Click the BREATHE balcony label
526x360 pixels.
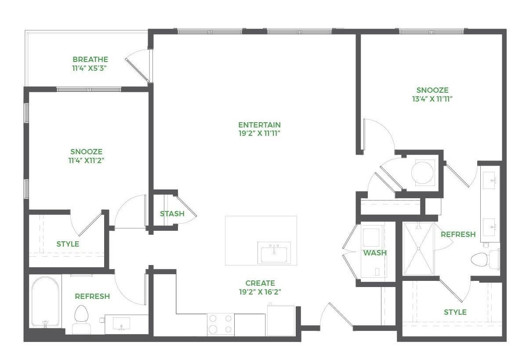pos(90,59)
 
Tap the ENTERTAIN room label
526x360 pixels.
pos(259,125)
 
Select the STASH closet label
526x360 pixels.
pos(172,214)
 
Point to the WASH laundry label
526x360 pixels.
pos(375,253)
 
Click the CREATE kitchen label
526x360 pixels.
pos(260,283)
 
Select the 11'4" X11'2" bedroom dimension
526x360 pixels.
pos(87,160)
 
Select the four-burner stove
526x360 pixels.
pos(220,324)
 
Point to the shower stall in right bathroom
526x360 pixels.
pos(418,249)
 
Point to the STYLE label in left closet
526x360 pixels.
pos(68,244)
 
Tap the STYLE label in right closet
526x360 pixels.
pos(455,312)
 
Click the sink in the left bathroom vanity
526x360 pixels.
pos(121,324)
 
